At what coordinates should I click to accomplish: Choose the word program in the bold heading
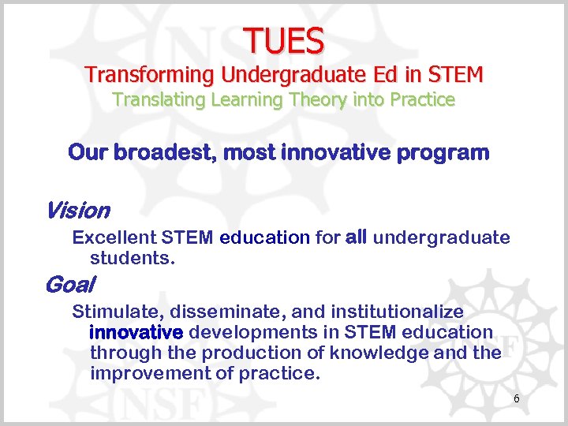pos(447,152)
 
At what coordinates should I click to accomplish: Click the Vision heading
pos(77,211)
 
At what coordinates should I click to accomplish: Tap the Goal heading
pos(70,284)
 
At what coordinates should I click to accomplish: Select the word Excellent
pos(114,237)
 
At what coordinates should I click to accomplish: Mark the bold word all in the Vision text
pos(356,237)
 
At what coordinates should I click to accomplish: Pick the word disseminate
pos(206,312)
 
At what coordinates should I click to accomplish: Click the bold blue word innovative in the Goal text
pos(136,332)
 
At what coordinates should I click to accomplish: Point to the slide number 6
pos(517,399)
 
